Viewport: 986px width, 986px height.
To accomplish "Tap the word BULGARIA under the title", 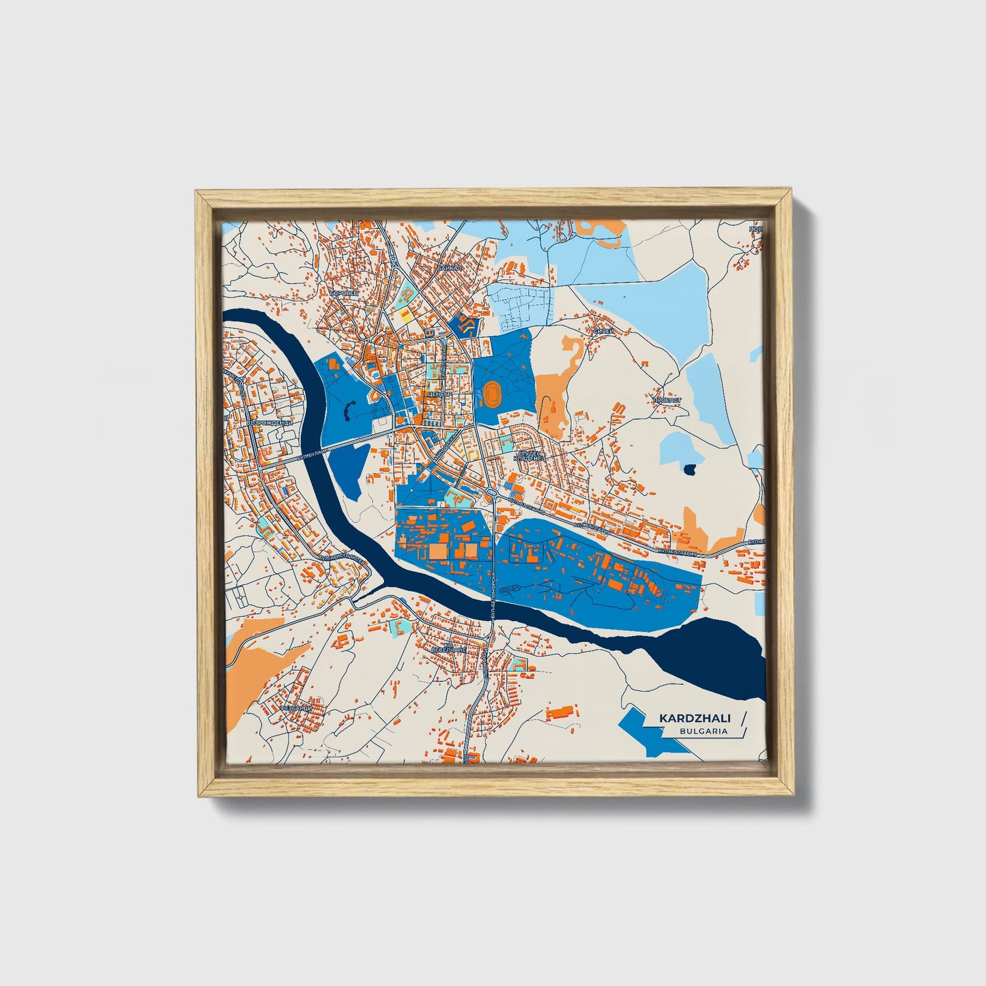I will click(x=703, y=731).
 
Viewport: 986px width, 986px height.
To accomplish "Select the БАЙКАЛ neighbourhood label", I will click(x=450, y=268).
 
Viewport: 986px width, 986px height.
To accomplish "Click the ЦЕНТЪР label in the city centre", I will click(x=437, y=394).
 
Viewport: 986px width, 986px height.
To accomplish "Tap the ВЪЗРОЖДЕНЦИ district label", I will click(x=270, y=423).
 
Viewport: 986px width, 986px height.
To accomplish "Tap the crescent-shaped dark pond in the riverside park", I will click(x=349, y=411).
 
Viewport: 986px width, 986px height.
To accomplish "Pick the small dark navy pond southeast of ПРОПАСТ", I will click(x=690, y=469).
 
